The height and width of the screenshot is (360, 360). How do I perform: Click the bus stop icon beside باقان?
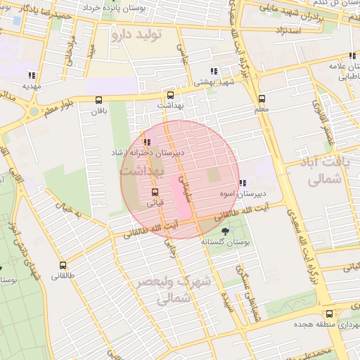click(x=97, y=100)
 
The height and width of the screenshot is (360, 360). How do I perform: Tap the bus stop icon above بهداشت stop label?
click(x=169, y=95)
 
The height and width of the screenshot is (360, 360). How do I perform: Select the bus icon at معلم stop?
click(x=262, y=98)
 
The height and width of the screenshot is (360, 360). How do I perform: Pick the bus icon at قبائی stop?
click(x=155, y=192)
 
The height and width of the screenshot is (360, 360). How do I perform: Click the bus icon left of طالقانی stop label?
click(x=63, y=266)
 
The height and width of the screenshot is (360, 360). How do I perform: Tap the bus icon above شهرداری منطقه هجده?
click(x=329, y=314)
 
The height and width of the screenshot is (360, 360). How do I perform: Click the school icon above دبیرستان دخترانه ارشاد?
click(x=146, y=143)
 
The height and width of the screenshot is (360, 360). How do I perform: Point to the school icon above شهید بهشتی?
click(x=214, y=71)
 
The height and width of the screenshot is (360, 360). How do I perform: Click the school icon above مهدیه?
click(x=31, y=75)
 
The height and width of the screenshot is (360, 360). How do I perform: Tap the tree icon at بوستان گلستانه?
click(x=225, y=231)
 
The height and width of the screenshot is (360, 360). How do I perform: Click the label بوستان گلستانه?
click(x=226, y=241)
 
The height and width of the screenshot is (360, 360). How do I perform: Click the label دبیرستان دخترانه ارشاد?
click(x=148, y=153)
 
